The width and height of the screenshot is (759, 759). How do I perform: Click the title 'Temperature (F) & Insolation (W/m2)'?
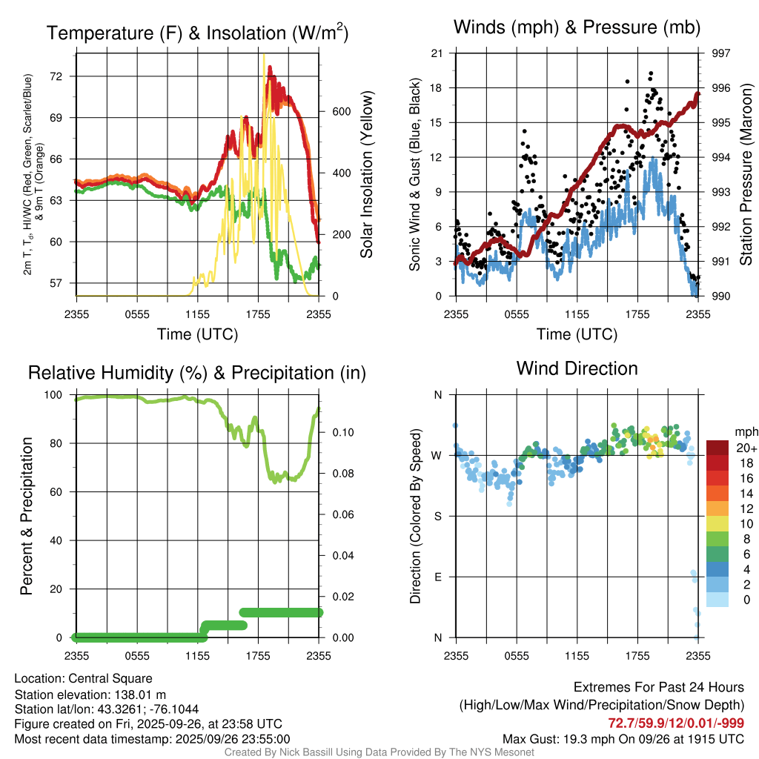(x=197, y=33)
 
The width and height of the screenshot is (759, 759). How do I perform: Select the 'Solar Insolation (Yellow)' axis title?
(x=367, y=175)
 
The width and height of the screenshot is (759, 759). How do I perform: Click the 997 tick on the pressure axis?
(x=720, y=53)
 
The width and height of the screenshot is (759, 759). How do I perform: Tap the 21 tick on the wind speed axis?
(x=437, y=53)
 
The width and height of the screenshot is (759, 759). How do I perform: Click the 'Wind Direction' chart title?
(x=577, y=368)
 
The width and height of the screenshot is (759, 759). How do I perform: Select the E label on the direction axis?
(x=438, y=577)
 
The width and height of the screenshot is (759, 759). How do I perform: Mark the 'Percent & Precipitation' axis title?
(x=26, y=516)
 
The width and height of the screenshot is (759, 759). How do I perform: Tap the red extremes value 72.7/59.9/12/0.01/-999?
(x=676, y=723)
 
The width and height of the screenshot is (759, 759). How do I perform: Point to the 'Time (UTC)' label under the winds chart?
(x=577, y=334)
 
